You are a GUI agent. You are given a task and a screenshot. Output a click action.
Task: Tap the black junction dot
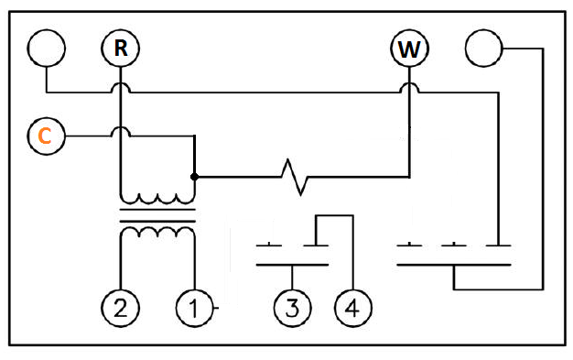194,177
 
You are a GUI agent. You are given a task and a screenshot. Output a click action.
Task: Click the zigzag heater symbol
295,177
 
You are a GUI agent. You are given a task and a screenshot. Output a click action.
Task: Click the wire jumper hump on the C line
120,128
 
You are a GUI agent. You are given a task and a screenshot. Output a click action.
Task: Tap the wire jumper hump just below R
120,84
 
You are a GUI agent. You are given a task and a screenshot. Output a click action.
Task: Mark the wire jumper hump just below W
409,84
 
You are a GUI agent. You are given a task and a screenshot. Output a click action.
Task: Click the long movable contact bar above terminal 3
292,265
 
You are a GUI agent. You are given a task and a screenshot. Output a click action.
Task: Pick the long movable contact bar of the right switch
453,265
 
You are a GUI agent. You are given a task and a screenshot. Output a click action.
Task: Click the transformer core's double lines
157,215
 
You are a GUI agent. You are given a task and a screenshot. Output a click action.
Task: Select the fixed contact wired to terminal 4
316,245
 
